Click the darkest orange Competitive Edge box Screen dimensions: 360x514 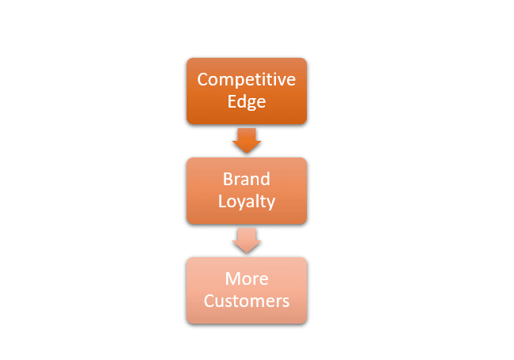(246, 90)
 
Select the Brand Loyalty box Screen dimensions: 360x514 (246, 191)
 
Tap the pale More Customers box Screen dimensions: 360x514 (246, 290)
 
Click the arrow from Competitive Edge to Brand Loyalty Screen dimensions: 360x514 (247, 141)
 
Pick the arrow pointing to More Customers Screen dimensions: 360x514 (247, 241)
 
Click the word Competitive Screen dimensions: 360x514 (246, 80)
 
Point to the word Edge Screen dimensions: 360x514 (246, 101)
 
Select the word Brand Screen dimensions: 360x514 (246, 180)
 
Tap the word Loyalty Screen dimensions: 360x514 (246, 202)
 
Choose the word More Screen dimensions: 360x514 (246, 279)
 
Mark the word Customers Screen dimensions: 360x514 (246, 301)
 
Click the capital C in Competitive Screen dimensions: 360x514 (202, 80)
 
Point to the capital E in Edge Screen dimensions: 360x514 (232, 101)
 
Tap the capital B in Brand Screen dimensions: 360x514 (227, 180)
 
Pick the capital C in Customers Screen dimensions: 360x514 (208, 301)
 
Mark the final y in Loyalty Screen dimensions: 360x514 (270, 203)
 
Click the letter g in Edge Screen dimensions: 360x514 (251, 103)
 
